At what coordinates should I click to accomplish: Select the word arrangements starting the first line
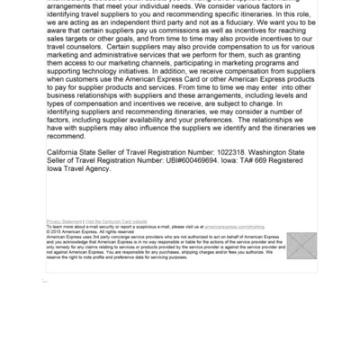[x=75, y=6]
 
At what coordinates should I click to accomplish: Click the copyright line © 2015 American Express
[x=76, y=229]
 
